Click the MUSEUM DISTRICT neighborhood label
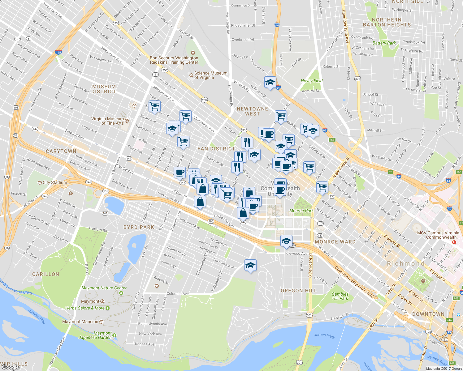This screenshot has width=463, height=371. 104,89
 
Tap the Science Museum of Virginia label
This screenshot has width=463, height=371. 210,75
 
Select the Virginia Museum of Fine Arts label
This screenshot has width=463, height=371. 107,121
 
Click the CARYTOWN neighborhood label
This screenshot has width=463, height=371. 61,151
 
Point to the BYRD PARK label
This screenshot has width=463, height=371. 139,227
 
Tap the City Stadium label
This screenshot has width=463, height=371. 54,182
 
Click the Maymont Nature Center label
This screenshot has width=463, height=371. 104,288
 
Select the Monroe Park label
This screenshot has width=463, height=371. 301,211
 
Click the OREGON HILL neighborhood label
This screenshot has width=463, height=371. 299,291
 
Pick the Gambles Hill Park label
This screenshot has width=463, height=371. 340,296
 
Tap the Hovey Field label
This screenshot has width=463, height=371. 312,81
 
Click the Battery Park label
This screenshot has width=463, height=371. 384,43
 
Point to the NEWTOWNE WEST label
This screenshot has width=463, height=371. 252,111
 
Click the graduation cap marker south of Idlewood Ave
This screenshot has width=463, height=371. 250,266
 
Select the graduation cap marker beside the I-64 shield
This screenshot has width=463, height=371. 270,83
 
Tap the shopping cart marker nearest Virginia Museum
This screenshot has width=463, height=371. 154,106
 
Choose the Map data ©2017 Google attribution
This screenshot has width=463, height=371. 444,369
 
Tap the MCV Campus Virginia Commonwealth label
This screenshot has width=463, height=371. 438,235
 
